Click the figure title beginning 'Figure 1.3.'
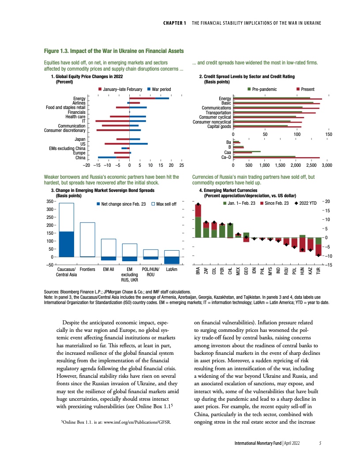[114, 52]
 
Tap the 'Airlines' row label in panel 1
[78, 102]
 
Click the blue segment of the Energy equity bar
[162, 98]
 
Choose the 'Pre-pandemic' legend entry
[265, 90]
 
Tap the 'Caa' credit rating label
[228, 152]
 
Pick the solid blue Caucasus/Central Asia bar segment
[67, 244]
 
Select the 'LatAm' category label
[172, 269]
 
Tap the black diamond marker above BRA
[198, 204]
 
